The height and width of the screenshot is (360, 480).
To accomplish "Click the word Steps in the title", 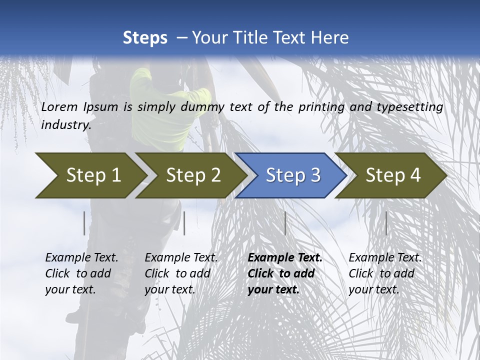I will (145, 38).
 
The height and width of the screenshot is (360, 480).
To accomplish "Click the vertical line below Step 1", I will (84, 223).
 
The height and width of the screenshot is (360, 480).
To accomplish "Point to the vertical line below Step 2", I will (184, 223).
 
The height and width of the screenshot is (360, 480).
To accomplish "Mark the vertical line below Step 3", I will (285, 223).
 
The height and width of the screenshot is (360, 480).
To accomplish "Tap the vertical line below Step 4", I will (386, 223).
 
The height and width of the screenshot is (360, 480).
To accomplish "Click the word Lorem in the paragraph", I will (59, 107).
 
